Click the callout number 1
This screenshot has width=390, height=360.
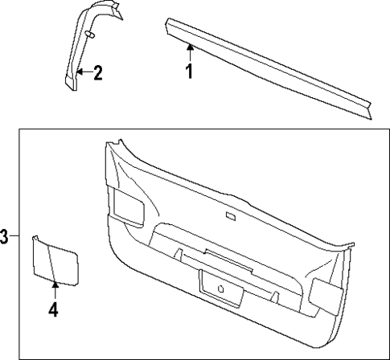[190, 73]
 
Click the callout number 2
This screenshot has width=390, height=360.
[97, 75]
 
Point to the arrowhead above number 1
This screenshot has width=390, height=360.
[190, 49]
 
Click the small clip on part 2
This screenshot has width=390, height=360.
[89, 35]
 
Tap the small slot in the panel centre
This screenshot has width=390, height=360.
[231, 216]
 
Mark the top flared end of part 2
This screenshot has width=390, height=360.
[113, 12]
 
